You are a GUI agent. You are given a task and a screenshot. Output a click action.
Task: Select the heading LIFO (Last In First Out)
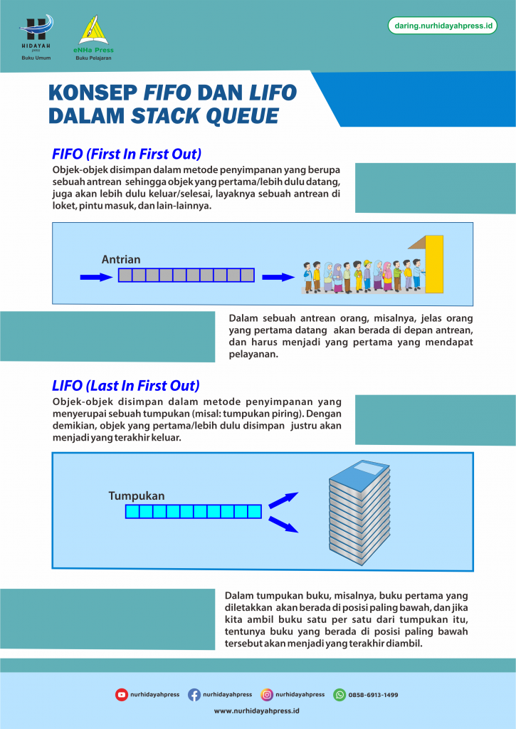[125, 386]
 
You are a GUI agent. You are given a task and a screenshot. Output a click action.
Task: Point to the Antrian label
[121, 260]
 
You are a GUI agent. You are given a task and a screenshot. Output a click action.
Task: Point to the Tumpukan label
[137, 495]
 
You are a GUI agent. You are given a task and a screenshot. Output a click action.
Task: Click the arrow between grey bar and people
[278, 276]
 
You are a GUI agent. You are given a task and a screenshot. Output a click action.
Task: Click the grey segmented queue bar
[186, 276]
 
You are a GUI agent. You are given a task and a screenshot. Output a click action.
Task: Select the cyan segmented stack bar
[193, 511]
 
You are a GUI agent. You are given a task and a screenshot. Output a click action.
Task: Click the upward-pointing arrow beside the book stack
[283, 500]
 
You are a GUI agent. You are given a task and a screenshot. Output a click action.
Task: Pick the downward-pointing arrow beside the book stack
[283, 525]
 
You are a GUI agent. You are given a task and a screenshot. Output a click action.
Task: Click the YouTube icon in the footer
[122, 695]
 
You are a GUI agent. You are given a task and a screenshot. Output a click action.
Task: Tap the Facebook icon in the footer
[194, 695]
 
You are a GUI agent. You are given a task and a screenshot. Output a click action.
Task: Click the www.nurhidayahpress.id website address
[257, 710]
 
